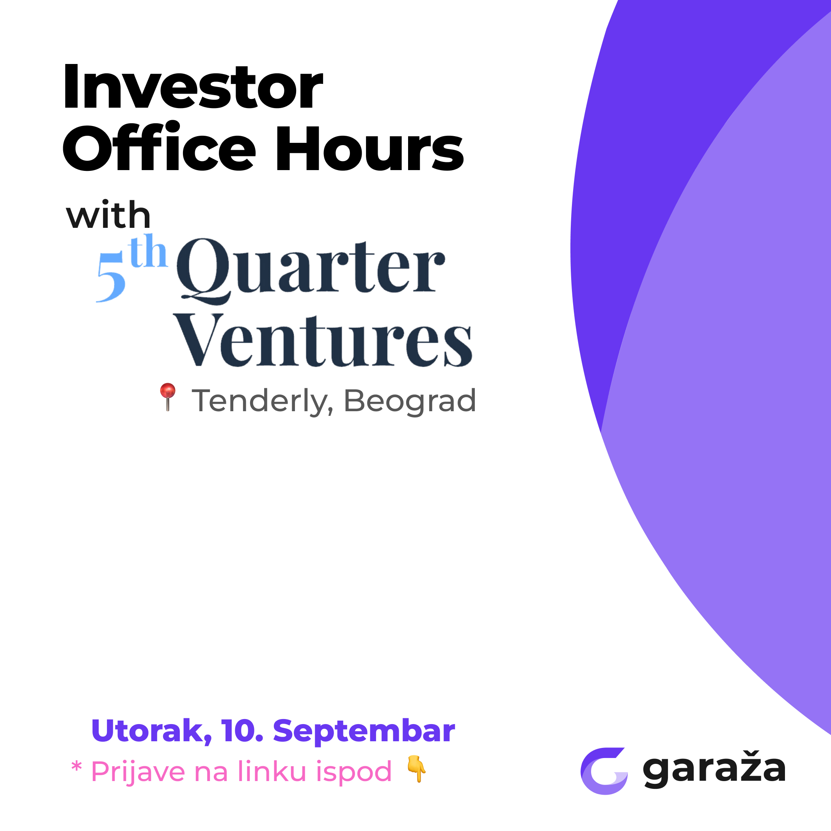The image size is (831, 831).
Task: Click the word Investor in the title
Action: [x=193, y=87]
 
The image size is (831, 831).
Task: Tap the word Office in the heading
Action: [x=159, y=148]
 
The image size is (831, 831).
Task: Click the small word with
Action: [x=108, y=215]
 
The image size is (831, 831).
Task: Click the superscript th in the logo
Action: [x=147, y=252]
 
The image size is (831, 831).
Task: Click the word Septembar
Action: [x=364, y=731]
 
